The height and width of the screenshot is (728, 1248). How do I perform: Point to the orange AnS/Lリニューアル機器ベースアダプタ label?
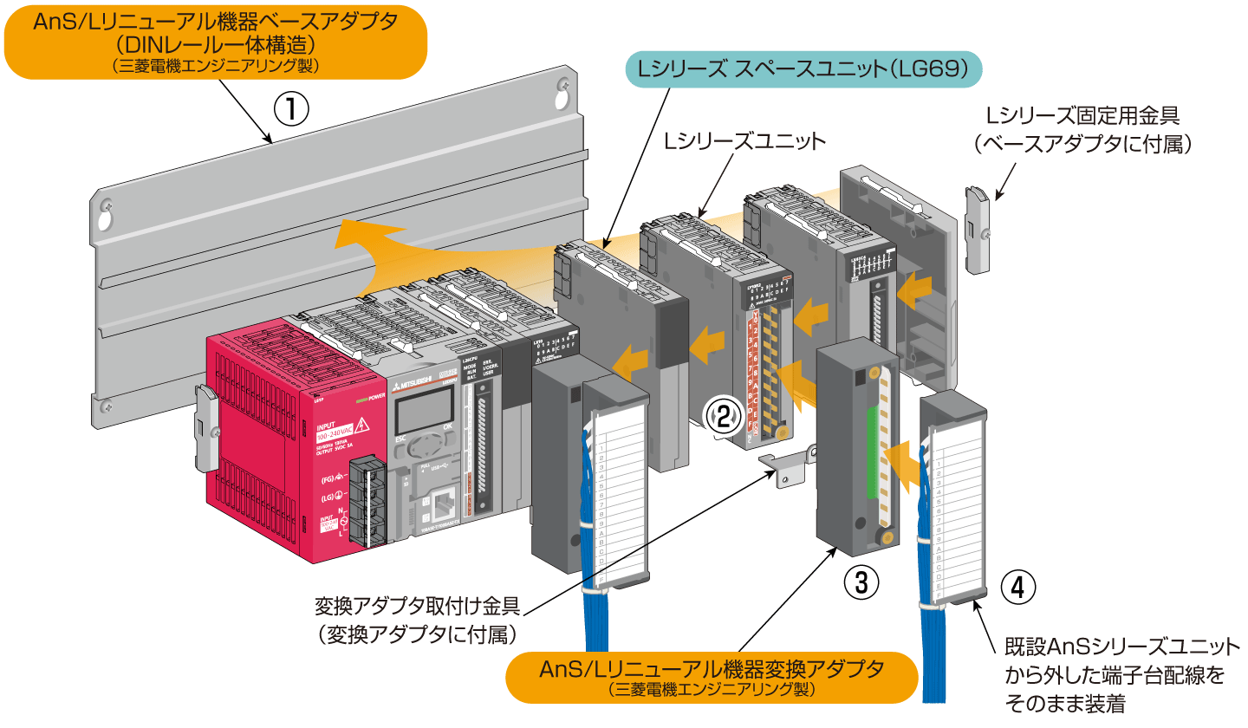click(216, 42)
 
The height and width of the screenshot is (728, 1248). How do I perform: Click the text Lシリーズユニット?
click(744, 140)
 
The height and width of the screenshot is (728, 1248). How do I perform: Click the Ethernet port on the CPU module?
click(445, 501)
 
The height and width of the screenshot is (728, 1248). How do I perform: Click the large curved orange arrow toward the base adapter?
click(381, 251)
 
